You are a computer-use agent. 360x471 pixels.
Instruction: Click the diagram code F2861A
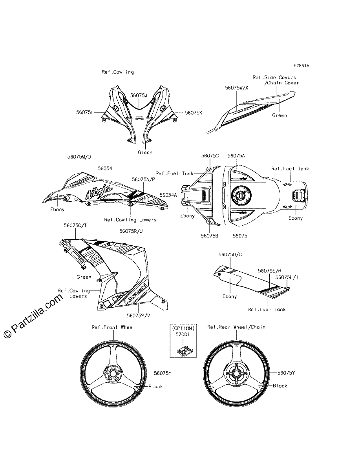(301, 66)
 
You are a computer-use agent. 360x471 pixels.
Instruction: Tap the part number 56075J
(139, 95)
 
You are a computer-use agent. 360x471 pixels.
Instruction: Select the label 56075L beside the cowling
(85, 112)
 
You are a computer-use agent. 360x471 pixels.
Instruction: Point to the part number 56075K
(194, 113)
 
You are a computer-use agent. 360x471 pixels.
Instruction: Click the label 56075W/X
(236, 88)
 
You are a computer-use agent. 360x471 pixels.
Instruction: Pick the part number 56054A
(168, 195)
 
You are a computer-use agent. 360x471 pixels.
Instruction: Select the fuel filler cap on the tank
(241, 195)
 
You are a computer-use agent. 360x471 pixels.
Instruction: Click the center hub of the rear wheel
(236, 374)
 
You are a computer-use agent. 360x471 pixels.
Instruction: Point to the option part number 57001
(183, 334)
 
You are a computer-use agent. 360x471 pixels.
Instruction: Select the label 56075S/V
(138, 315)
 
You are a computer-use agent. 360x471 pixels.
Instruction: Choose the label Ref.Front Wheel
(113, 327)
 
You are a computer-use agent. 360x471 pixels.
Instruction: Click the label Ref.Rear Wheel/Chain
(236, 327)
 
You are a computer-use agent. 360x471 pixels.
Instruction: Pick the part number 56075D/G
(230, 254)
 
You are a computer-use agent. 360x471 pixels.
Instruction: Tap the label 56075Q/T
(75, 226)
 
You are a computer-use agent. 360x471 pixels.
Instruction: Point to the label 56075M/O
(79, 157)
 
